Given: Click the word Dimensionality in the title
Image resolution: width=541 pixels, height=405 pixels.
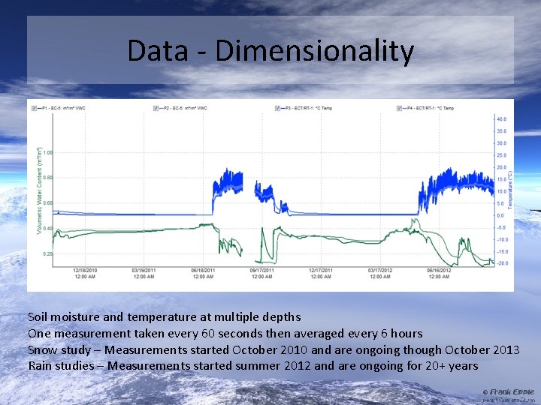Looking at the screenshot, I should coord(314,52).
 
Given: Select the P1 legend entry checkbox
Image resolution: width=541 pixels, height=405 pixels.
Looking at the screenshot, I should coord(35,108).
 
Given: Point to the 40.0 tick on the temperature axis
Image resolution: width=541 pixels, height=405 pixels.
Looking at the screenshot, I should coord(500,119).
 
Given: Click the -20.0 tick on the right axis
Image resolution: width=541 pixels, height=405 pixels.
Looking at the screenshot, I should coord(500,263).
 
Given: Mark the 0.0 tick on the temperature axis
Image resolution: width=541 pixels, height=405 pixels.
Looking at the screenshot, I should coord(500,215).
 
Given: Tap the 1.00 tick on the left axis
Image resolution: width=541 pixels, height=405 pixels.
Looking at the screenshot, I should coord(48,152).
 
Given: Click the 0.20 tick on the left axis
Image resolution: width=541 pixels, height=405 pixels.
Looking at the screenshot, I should coord(48,254).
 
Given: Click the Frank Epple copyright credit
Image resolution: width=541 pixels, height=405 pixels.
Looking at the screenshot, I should coord(508,391).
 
